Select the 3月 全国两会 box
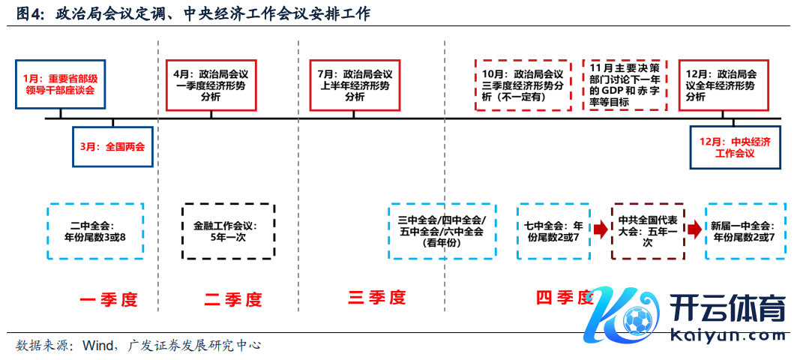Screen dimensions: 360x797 click(x=112, y=147)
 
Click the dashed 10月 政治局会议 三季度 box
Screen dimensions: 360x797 click(x=523, y=85)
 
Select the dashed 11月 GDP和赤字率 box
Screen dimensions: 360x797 click(x=625, y=85)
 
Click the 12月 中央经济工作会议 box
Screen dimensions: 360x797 click(x=735, y=147)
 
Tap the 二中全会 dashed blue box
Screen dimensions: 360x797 click(x=95, y=231)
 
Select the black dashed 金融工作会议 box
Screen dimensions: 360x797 click(x=229, y=231)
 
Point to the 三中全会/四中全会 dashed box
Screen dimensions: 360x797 click(x=442, y=231)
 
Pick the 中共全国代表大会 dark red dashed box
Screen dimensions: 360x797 click(x=648, y=231)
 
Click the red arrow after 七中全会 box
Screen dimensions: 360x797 click(x=600, y=229)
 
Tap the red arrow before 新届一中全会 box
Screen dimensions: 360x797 click(x=695, y=229)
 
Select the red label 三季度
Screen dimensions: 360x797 click(x=376, y=298)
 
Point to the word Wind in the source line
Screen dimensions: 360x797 click(x=97, y=346)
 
